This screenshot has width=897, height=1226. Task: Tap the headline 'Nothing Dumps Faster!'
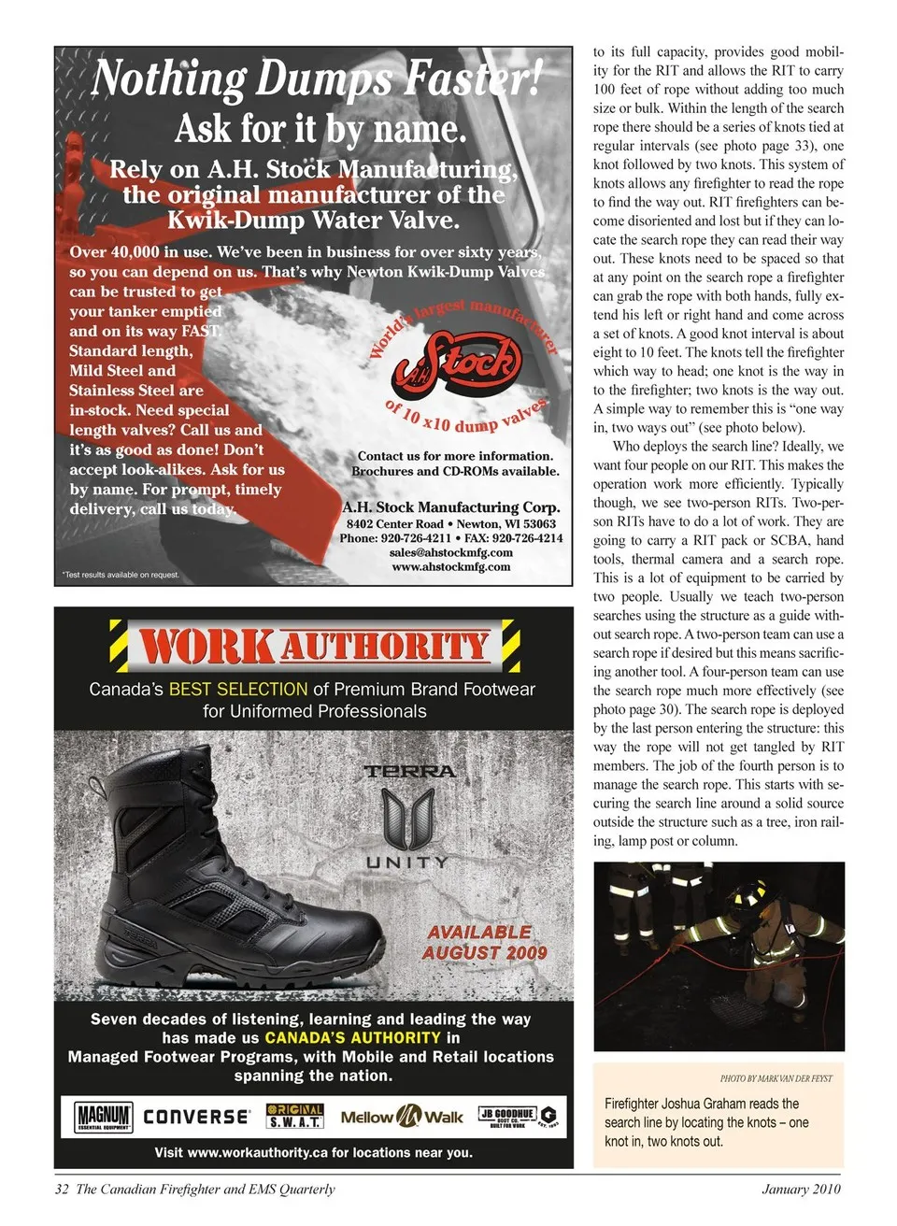coord(316,78)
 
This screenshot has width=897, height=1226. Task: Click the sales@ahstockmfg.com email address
coord(450,552)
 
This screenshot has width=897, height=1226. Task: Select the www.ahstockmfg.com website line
coord(451,566)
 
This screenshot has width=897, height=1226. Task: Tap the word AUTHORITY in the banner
coord(385,646)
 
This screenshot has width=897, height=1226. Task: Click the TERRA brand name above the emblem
coord(409,772)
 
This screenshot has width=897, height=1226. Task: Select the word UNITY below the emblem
coord(407,862)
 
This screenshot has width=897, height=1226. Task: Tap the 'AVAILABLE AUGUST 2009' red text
coord(483,943)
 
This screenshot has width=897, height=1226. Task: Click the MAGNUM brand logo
coord(103,1117)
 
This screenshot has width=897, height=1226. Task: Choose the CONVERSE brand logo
coord(196,1117)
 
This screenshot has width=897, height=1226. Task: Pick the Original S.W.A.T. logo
coord(294,1117)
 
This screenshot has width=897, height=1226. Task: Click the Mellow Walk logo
coord(402,1117)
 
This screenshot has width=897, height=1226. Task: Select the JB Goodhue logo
coord(516,1116)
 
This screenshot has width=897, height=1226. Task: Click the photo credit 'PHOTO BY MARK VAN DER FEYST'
coord(776,1078)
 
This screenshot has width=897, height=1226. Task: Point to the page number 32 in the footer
coord(62,1190)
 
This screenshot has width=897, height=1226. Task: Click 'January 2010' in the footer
coord(801,1190)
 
